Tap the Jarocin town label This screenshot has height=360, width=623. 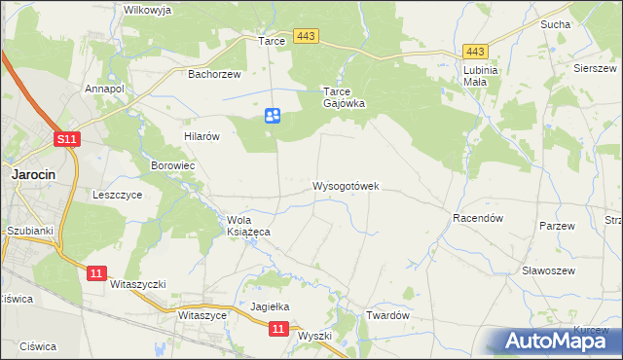click(x=33, y=174)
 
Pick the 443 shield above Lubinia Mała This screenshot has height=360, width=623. click(x=475, y=52)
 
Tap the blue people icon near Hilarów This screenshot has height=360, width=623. click(x=273, y=116)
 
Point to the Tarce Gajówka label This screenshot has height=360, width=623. click(x=343, y=97)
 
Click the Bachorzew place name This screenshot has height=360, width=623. click(x=213, y=73)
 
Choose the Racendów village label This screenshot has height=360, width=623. click(x=477, y=219)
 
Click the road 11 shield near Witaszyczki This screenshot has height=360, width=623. click(x=94, y=274)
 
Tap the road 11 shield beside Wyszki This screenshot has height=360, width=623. click(x=278, y=330)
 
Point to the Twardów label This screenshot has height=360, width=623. click(x=385, y=316)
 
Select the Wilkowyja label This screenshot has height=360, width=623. click(x=147, y=9)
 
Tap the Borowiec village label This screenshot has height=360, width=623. click(x=173, y=166)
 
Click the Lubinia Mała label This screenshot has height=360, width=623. click(x=481, y=76)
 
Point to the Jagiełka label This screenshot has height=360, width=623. click(x=271, y=306)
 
